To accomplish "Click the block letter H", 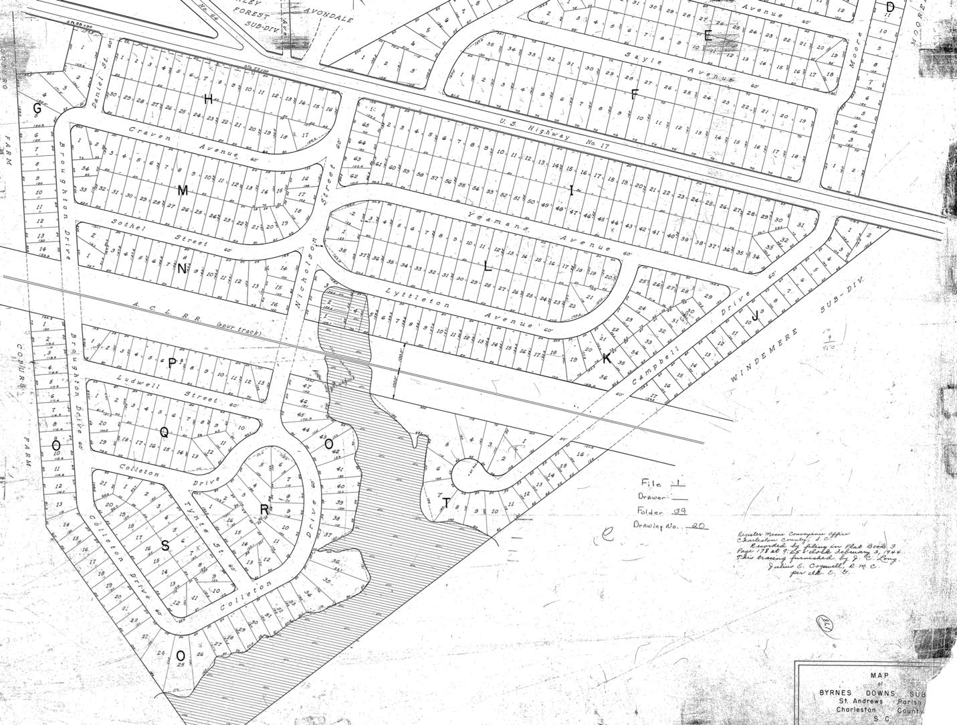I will [x=209, y=100].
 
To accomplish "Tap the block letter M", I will [x=183, y=191].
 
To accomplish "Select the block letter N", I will [x=182, y=269].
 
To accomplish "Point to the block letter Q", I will [x=163, y=432].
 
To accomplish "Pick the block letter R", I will [x=264, y=510].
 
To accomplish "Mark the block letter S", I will [x=165, y=546].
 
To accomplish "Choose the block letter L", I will [x=488, y=266].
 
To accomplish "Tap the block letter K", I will [x=606, y=359].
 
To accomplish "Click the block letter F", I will [x=635, y=94].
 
